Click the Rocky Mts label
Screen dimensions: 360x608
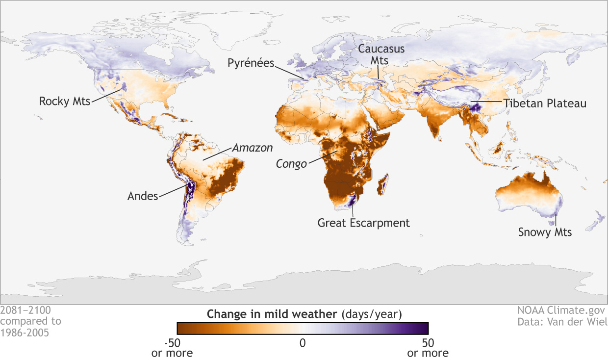(x=64, y=102)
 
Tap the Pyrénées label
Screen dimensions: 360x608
(x=250, y=63)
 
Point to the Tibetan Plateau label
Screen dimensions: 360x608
(x=544, y=104)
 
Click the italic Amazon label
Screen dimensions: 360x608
(x=252, y=147)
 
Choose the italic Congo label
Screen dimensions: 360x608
(x=291, y=163)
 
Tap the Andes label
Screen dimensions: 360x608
(x=143, y=196)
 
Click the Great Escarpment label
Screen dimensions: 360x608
(x=363, y=223)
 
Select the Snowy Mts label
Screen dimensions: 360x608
(x=545, y=232)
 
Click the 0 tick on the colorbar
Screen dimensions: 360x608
(x=303, y=343)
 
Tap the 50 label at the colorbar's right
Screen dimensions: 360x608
(x=428, y=343)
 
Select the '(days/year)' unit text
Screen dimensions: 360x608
(x=372, y=313)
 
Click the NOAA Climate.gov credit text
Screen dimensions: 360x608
(x=561, y=310)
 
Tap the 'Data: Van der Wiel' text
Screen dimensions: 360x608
(x=562, y=322)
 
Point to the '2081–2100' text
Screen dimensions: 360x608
(x=25, y=310)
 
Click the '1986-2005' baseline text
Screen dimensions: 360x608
(x=25, y=332)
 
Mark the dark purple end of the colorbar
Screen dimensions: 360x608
(x=424, y=328)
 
